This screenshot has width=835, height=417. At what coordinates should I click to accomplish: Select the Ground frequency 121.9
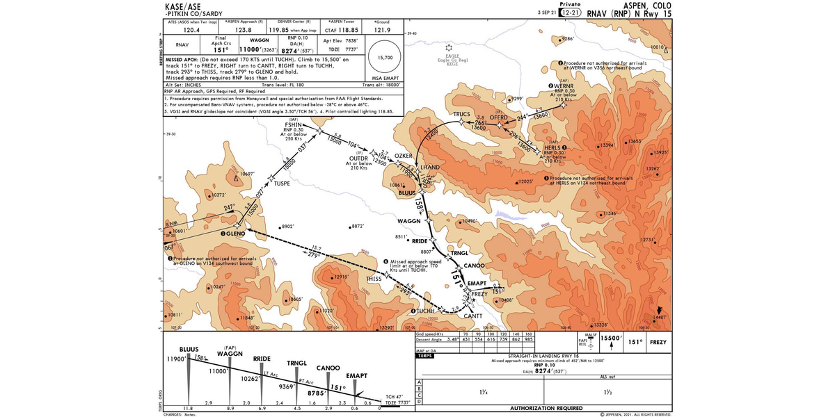coord(383,30)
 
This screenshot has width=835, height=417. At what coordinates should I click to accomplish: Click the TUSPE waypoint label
coord(282,183)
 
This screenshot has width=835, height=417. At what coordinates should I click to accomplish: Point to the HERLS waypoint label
coord(552,147)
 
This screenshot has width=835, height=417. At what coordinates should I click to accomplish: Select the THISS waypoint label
coord(374,279)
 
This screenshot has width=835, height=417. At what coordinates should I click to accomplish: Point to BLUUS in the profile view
coord(189,349)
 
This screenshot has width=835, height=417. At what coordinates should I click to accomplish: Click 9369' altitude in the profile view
coord(288,386)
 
